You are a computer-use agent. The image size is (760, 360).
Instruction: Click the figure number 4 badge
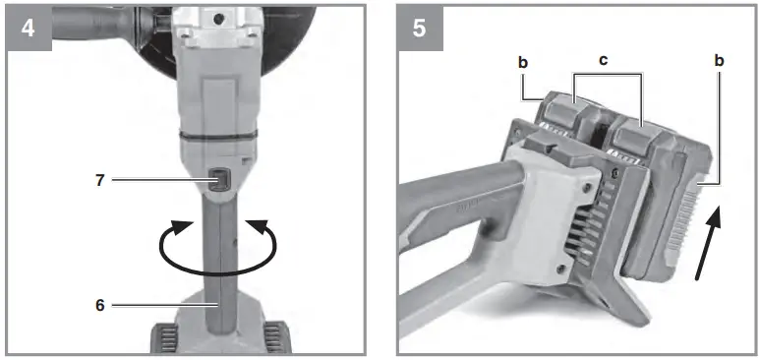[27, 28]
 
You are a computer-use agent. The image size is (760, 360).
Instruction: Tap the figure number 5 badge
[420, 28]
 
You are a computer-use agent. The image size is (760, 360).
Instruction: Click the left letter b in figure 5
[523, 61]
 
